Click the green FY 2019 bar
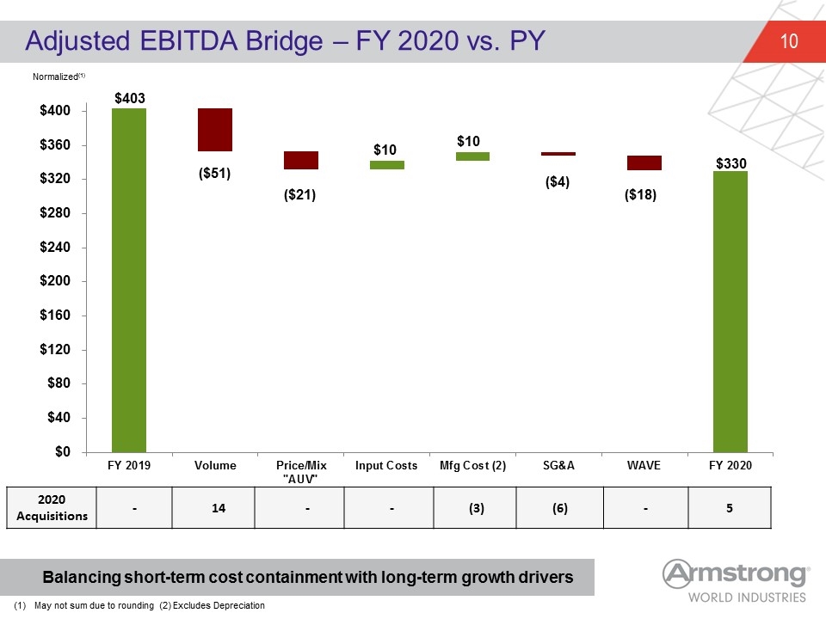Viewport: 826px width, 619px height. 129,280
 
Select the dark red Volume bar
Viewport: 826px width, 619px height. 215,130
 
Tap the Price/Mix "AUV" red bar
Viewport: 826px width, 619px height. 301,160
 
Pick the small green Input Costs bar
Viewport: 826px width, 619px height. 387,165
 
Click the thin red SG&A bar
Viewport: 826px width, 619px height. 558,154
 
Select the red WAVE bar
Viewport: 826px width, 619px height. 644,162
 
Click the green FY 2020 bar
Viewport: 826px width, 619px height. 730,311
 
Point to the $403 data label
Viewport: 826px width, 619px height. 130,98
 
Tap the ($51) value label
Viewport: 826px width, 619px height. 214,173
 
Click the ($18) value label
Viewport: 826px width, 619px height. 640,195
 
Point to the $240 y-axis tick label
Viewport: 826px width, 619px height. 55,247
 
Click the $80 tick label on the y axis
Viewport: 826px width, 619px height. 59,383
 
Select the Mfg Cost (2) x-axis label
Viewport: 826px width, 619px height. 472,465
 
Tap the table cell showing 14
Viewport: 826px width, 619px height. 219,508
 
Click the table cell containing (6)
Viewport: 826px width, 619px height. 560,508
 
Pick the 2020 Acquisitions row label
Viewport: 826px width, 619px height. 52,507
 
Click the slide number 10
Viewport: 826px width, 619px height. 789,41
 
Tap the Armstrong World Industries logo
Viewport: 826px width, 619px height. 736,581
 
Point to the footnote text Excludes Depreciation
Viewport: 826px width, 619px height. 219,605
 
